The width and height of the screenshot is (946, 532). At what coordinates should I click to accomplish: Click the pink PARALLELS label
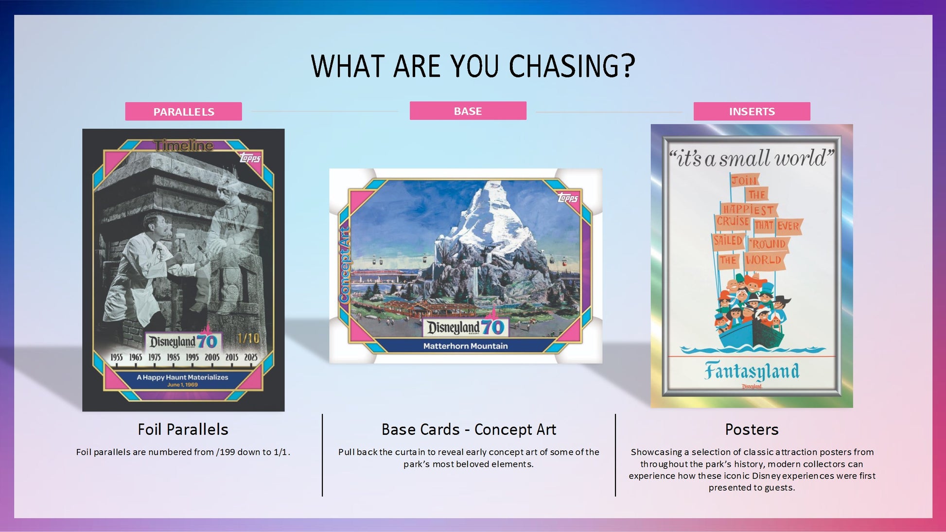183,111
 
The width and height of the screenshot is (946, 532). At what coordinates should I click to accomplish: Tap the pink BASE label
468,111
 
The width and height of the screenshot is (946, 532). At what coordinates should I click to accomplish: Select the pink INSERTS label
752,111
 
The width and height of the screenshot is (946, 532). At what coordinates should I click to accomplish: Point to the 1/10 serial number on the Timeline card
248,338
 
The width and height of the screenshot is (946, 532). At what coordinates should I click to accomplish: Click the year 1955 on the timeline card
117,357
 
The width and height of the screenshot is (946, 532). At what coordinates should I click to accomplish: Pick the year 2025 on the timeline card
251,357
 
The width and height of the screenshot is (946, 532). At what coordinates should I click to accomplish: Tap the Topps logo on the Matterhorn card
567,198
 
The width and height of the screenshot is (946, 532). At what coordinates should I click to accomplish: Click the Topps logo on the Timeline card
250,158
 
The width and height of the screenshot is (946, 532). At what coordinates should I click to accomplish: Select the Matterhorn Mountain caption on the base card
465,346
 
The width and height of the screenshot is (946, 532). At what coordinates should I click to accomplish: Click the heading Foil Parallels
183,429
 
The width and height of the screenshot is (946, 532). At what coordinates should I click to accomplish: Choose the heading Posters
752,429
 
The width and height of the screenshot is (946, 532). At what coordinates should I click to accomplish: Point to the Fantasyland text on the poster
752,371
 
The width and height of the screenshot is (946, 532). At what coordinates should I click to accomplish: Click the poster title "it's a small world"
752,158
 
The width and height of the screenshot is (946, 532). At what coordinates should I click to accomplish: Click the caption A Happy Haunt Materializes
182,377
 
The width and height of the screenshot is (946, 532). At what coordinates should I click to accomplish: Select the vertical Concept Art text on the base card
345,265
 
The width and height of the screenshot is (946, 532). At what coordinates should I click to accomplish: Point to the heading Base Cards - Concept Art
469,429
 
